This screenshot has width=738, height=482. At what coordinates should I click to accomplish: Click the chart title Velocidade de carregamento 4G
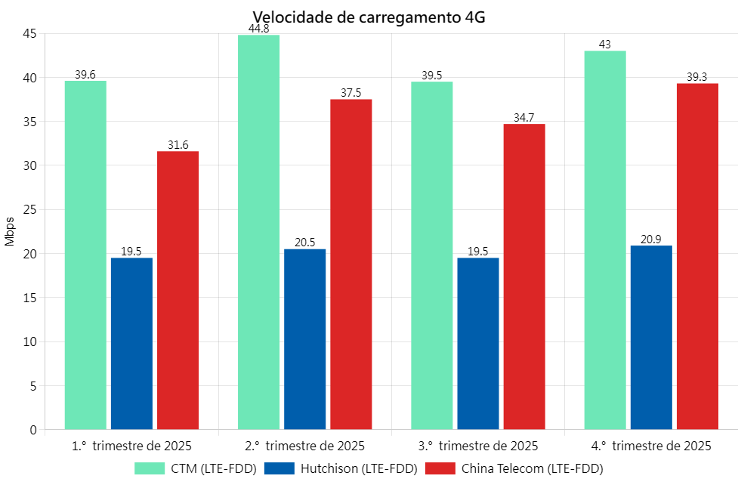pyautogui.click(x=369, y=17)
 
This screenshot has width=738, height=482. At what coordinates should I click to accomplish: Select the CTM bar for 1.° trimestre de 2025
pyautogui.click(x=85, y=255)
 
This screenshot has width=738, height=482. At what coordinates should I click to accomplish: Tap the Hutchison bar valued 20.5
pyautogui.click(x=305, y=339)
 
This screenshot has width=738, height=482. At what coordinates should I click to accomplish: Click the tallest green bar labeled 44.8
pyautogui.click(x=258, y=233)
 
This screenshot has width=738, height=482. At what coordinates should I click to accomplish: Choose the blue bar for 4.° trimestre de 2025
pyautogui.click(x=651, y=338)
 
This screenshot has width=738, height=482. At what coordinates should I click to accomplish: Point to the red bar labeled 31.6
pyautogui.click(x=178, y=290)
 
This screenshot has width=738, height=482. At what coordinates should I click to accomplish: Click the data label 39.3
pyautogui.click(x=697, y=77)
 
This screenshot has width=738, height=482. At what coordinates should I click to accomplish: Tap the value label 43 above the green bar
pyautogui.click(x=605, y=45)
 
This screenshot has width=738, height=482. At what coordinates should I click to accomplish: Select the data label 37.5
pyautogui.click(x=351, y=93)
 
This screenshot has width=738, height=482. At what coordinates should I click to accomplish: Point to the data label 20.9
pyautogui.click(x=651, y=239)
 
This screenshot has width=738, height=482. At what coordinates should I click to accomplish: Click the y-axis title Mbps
pyautogui.click(x=10, y=230)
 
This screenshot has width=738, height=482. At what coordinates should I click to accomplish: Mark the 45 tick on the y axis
pyautogui.click(x=29, y=33)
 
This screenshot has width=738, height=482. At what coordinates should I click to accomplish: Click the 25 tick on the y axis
pyautogui.click(x=29, y=209)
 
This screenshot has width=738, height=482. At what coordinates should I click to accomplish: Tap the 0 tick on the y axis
pyautogui.click(x=32, y=430)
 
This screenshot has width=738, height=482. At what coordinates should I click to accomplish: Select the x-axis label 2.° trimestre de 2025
pyautogui.click(x=305, y=445)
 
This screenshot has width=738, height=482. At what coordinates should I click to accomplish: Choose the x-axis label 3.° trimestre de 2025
pyautogui.click(x=478, y=445)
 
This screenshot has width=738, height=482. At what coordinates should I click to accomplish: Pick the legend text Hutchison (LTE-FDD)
pyautogui.click(x=359, y=468)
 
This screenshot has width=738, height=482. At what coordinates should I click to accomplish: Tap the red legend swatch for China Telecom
pyautogui.click(x=440, y=468)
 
